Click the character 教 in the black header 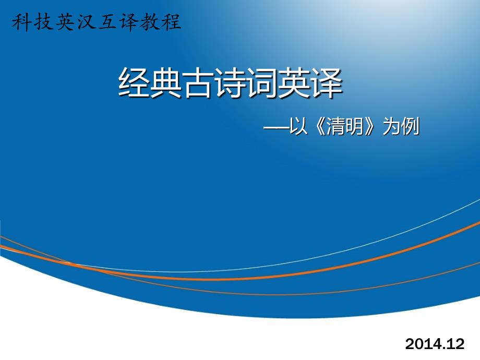tap(150, 22)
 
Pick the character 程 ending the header tap(171, 22)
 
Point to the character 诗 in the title tap(231, 82)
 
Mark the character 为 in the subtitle tap(392, 126)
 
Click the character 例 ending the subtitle tap(410, 126)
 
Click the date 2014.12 tap(435, 343)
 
